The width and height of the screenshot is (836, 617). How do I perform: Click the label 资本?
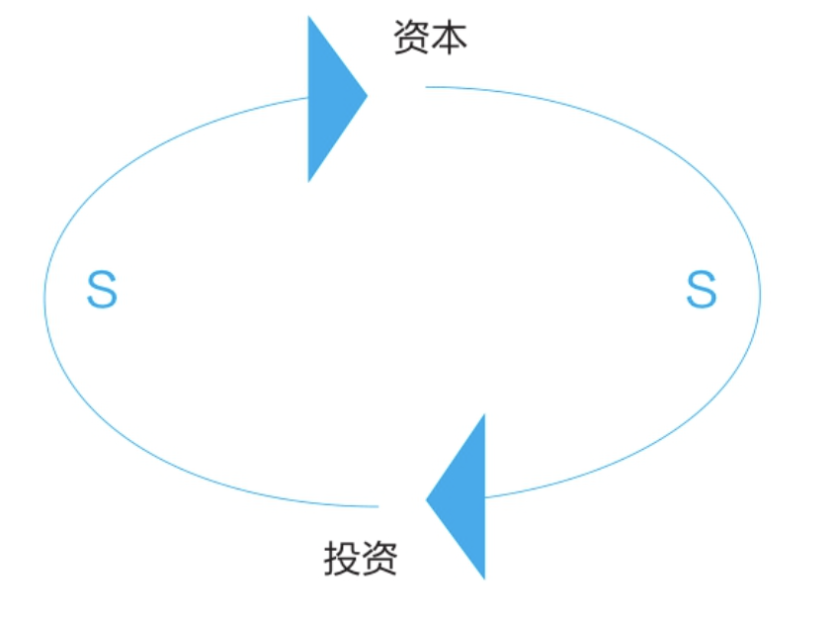[x=430, y=39]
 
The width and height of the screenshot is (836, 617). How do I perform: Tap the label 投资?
[x=361, y=560]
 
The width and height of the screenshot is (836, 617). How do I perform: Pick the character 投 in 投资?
[x=342, y=560]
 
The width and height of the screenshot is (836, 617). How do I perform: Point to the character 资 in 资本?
[x=411, y=39]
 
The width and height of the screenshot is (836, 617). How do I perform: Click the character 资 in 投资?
[x=379, y=560]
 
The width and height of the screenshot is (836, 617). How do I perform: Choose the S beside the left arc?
[x=102, y=290]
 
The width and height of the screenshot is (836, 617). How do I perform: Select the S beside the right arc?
[x=701, y=290]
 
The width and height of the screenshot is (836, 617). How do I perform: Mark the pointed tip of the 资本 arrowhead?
[x=367, y=96]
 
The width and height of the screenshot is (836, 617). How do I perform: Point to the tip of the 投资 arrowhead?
[x=427, y=499]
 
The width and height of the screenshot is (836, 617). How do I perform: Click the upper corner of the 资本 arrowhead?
[x=309, y=18]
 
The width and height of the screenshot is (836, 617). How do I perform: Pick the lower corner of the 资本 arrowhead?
[x=309, y=180]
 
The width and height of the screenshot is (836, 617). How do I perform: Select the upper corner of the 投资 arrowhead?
[x=484, y=416]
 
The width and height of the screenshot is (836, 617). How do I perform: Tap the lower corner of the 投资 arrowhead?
[x=484, y=577]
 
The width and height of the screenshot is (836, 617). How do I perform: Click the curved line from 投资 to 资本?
[x=45, y=297]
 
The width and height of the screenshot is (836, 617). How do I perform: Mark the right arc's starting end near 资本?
[x=427, y=87]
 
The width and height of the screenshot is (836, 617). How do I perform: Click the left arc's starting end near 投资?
[x=377, y=506]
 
